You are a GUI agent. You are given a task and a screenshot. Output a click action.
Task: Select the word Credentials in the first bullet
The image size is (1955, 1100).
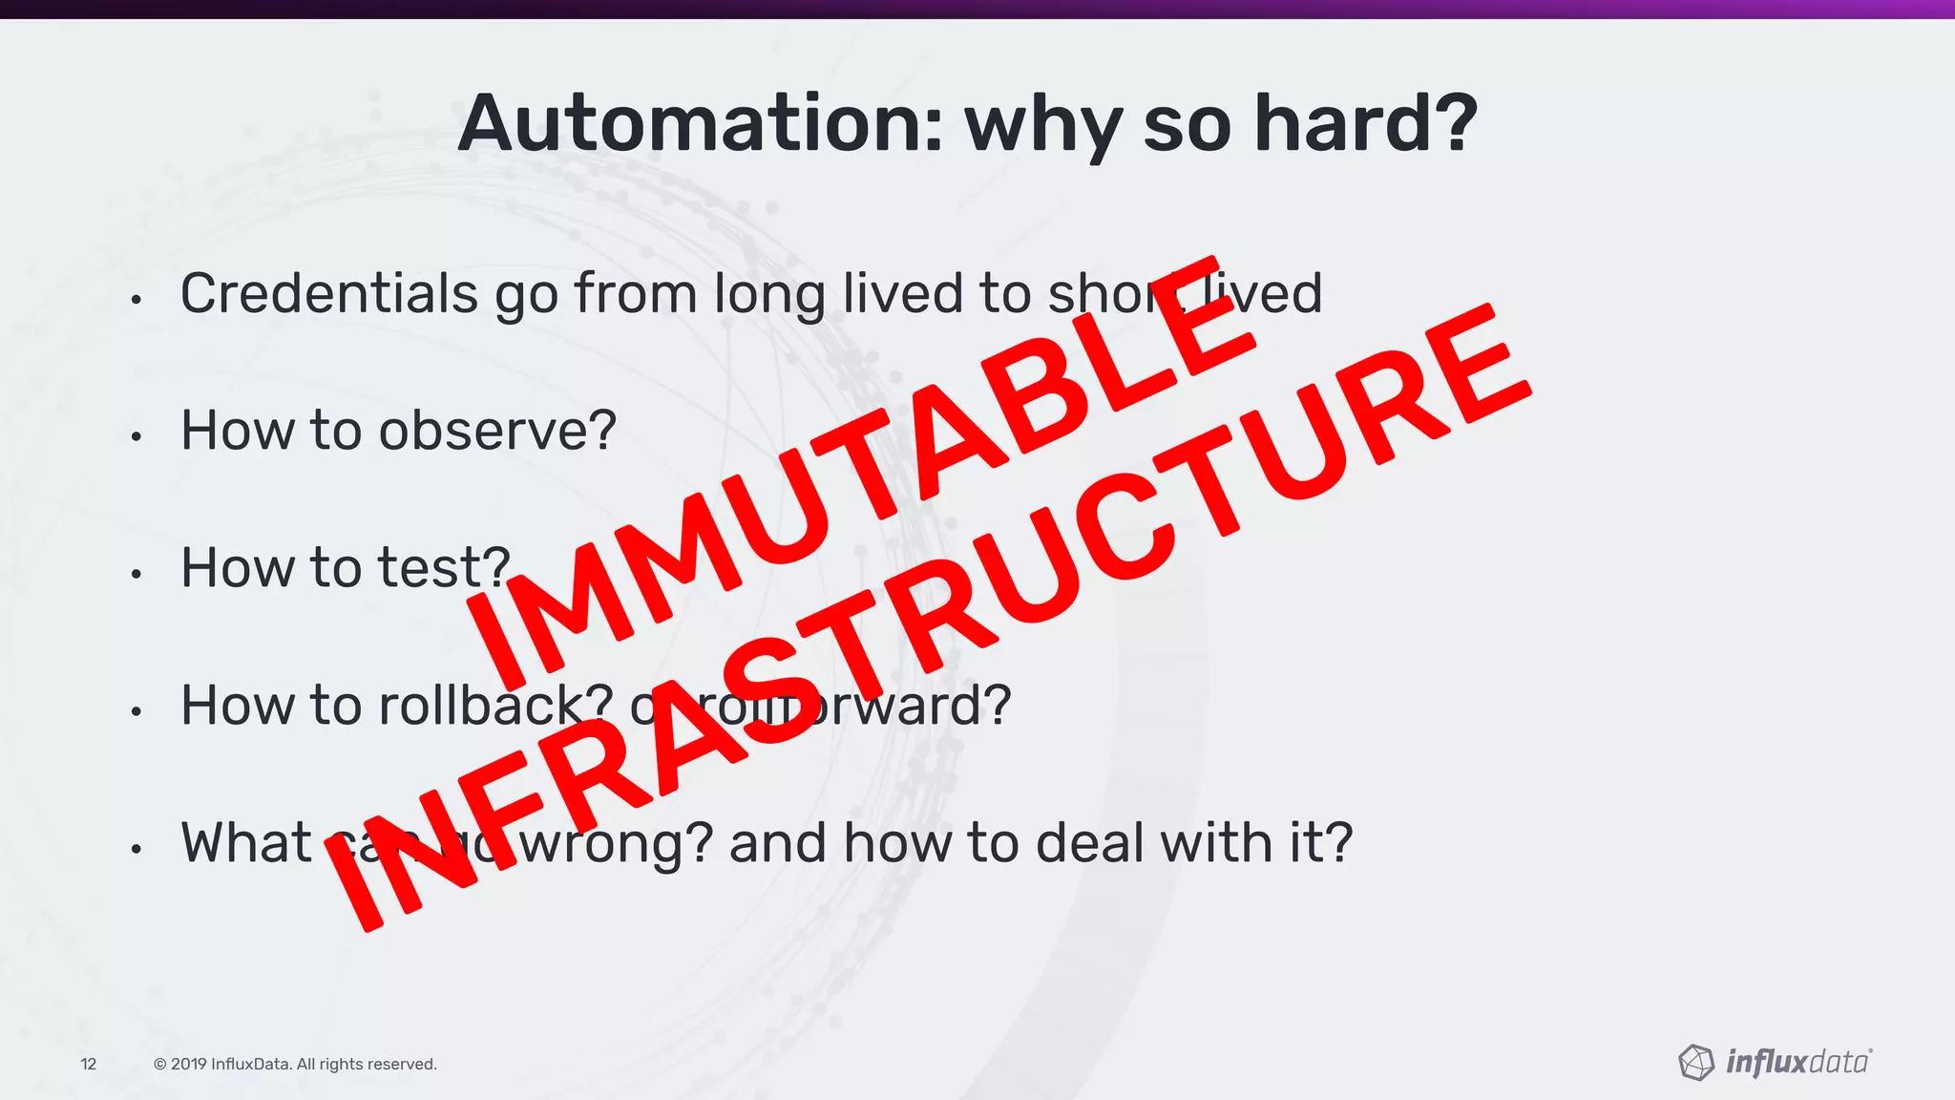pos(329,293)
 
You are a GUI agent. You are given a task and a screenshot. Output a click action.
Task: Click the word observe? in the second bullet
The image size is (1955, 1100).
pos(497,431)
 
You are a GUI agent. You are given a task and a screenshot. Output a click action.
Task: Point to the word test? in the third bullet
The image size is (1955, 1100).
pos(444,568)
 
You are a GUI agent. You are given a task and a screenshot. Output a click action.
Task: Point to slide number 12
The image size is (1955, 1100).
pos(89,1064)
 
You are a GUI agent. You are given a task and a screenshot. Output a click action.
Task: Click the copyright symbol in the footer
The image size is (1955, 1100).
pos(159,1064)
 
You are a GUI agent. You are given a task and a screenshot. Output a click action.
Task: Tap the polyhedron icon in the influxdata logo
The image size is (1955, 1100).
pos(1695,1062)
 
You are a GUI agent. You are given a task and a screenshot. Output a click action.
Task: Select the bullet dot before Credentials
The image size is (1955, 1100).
pos(137,300)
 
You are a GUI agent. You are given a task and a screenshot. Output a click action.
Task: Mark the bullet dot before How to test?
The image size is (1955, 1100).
pos(137,574)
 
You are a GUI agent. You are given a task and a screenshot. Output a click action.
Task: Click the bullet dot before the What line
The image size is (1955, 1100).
pos(137,849)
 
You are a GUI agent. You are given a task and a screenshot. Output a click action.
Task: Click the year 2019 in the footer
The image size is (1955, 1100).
pos(188,1064)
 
